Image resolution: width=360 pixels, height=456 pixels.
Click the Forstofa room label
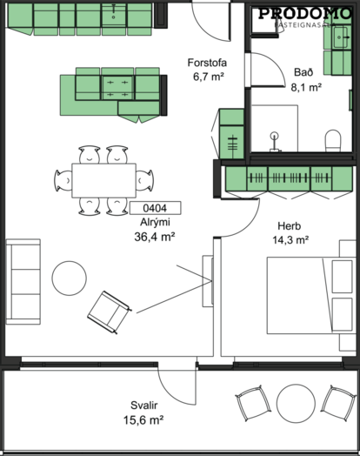click(207, 63)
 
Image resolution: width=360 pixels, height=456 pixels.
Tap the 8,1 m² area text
click(306, 87)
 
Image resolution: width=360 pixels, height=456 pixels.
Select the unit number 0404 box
click(155, 208)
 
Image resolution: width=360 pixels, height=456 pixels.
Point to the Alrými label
click(155, 222)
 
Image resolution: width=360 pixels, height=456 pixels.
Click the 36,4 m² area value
click(154, 237)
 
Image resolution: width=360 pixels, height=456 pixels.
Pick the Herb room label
click(289, 226)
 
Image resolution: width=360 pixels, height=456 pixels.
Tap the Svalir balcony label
click(143, 406)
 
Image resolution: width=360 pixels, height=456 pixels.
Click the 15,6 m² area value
click(143, 420)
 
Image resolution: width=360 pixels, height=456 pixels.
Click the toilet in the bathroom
click(333, 140)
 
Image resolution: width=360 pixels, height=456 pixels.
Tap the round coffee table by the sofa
click(70, 278)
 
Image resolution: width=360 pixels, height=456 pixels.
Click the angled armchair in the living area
click(110, 312)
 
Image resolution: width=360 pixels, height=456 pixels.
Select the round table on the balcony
click(296, 404)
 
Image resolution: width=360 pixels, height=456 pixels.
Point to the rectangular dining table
click(104, 181)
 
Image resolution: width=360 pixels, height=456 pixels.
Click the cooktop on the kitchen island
click(117, 87)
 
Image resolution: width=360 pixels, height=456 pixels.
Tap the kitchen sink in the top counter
click(114, 15)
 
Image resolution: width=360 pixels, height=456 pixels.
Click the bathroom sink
click(341, 37)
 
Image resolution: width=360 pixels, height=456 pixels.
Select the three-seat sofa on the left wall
click(23, 282)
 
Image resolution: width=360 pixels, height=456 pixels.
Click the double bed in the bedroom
click(311, 296)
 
